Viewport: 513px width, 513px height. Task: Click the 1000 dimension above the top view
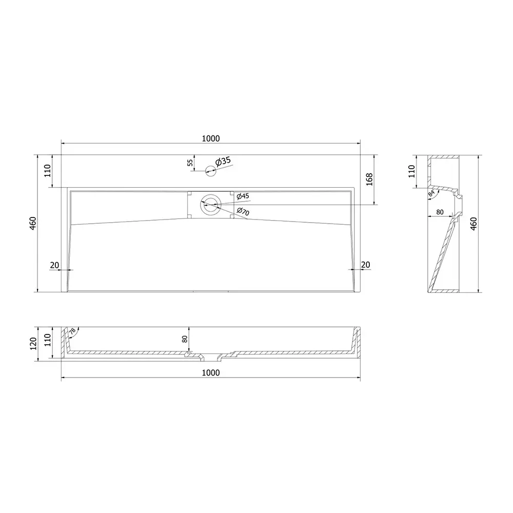[210, 138]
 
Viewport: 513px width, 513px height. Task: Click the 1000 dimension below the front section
[210, 373]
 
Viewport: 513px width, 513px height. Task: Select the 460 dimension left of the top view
[33, 224]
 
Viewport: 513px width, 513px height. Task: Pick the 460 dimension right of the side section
[473, 224]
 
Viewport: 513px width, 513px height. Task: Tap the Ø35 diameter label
[224, 162]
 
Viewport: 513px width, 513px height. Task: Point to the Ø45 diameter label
[243, 196]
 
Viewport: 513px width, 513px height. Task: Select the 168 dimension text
[368, 180]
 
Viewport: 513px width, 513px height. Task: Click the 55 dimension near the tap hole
[190, 163]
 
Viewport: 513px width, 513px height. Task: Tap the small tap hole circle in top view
[210, 171]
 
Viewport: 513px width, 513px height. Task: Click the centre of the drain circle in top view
[210, 206]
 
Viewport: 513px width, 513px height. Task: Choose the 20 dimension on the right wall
[365, 265]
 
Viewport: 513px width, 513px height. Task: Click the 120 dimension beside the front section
[33, 343]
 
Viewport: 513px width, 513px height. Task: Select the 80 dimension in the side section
[439, 211]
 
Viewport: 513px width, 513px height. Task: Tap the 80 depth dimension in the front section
[185, 339]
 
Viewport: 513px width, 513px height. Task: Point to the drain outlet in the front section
[210, 356]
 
